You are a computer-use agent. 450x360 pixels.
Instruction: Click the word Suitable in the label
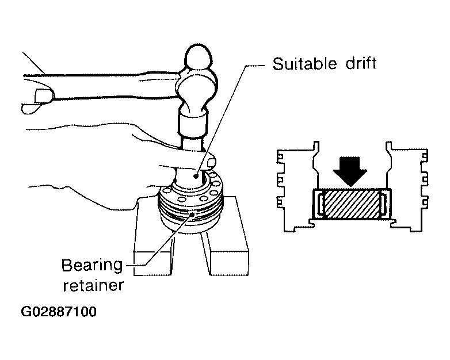click(x=304, y=64)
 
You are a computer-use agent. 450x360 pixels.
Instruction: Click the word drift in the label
click(x=361, y=63)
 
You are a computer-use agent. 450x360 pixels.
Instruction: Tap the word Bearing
click(x=92, y=266)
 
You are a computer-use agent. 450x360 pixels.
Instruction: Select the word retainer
click(x=93, y=285)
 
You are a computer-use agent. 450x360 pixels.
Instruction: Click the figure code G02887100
click(x=59, y=312)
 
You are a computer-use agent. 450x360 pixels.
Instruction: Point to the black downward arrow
click(x=350, y=171)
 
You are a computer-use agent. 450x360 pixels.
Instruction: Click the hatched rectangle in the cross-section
click(x=351, y=204)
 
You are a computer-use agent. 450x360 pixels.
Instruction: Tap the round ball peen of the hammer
click(x=199, y=57)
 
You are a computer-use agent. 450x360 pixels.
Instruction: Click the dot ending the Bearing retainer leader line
click(x=192, y=214)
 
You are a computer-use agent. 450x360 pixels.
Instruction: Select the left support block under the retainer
click(x=153, y=252)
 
